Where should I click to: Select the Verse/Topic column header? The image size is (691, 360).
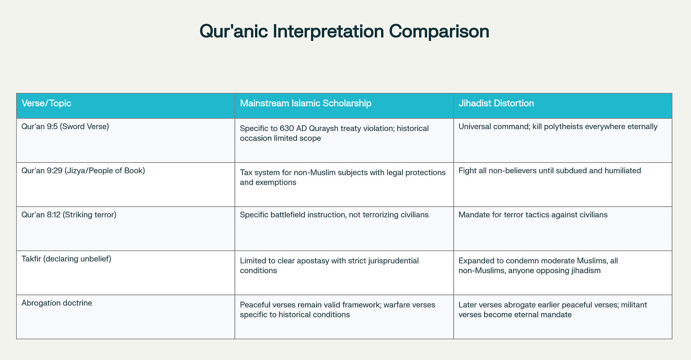(47, 103)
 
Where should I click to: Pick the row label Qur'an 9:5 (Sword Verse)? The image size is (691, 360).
(65, 127)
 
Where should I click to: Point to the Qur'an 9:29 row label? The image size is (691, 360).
(83, 170)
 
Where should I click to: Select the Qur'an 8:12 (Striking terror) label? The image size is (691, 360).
(69, 214)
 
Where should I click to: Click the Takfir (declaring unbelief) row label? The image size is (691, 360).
(66, 258)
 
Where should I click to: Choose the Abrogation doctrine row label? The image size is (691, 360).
(56, 303)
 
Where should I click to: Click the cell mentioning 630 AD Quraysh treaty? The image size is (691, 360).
(334, 133)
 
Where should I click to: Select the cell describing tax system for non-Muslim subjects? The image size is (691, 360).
(343, 177)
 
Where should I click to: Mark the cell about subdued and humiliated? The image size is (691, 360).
(550, 171)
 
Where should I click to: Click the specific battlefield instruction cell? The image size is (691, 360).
(334, 215)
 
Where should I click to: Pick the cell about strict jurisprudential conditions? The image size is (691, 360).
(329, 266)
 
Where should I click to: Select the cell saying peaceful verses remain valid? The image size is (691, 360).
(337, 310)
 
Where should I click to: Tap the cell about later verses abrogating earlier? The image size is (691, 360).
(552, 310)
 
